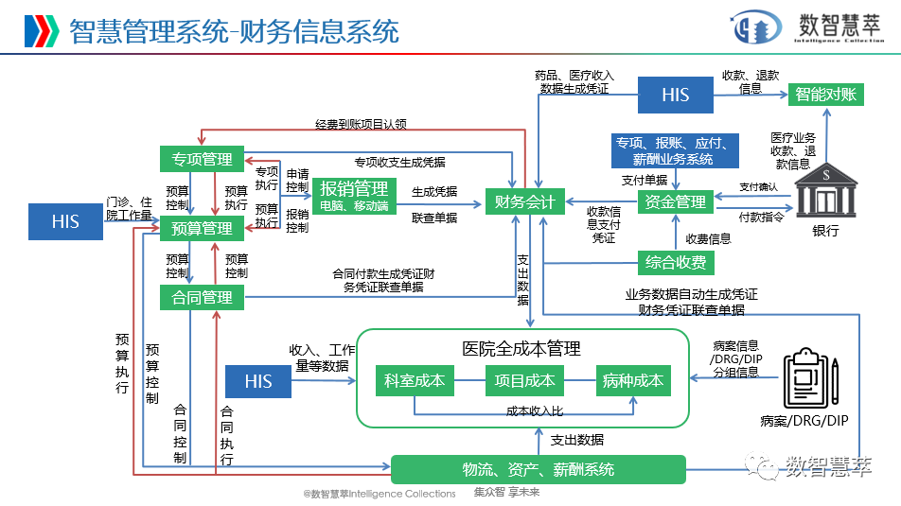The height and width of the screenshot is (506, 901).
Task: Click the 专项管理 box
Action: coord(202,159)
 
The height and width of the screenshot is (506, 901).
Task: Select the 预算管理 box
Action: coord(202,228)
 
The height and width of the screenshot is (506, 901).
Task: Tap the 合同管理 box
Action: coord(202,298)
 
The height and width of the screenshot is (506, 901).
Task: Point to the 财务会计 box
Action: coord(524,201)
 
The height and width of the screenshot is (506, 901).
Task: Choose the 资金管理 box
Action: coord(675,201)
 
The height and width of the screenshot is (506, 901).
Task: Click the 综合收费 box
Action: coord(675,262)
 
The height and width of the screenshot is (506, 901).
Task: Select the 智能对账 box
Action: coord(825,94)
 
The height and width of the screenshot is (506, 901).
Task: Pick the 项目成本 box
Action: coord(524,381)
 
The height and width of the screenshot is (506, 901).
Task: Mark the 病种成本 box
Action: coord(633,381)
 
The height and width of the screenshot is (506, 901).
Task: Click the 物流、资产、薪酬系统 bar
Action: coord(538,469)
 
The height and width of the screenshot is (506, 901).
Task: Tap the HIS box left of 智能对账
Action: coord(675,94)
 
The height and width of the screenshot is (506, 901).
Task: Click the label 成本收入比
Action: coord(534,410)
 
